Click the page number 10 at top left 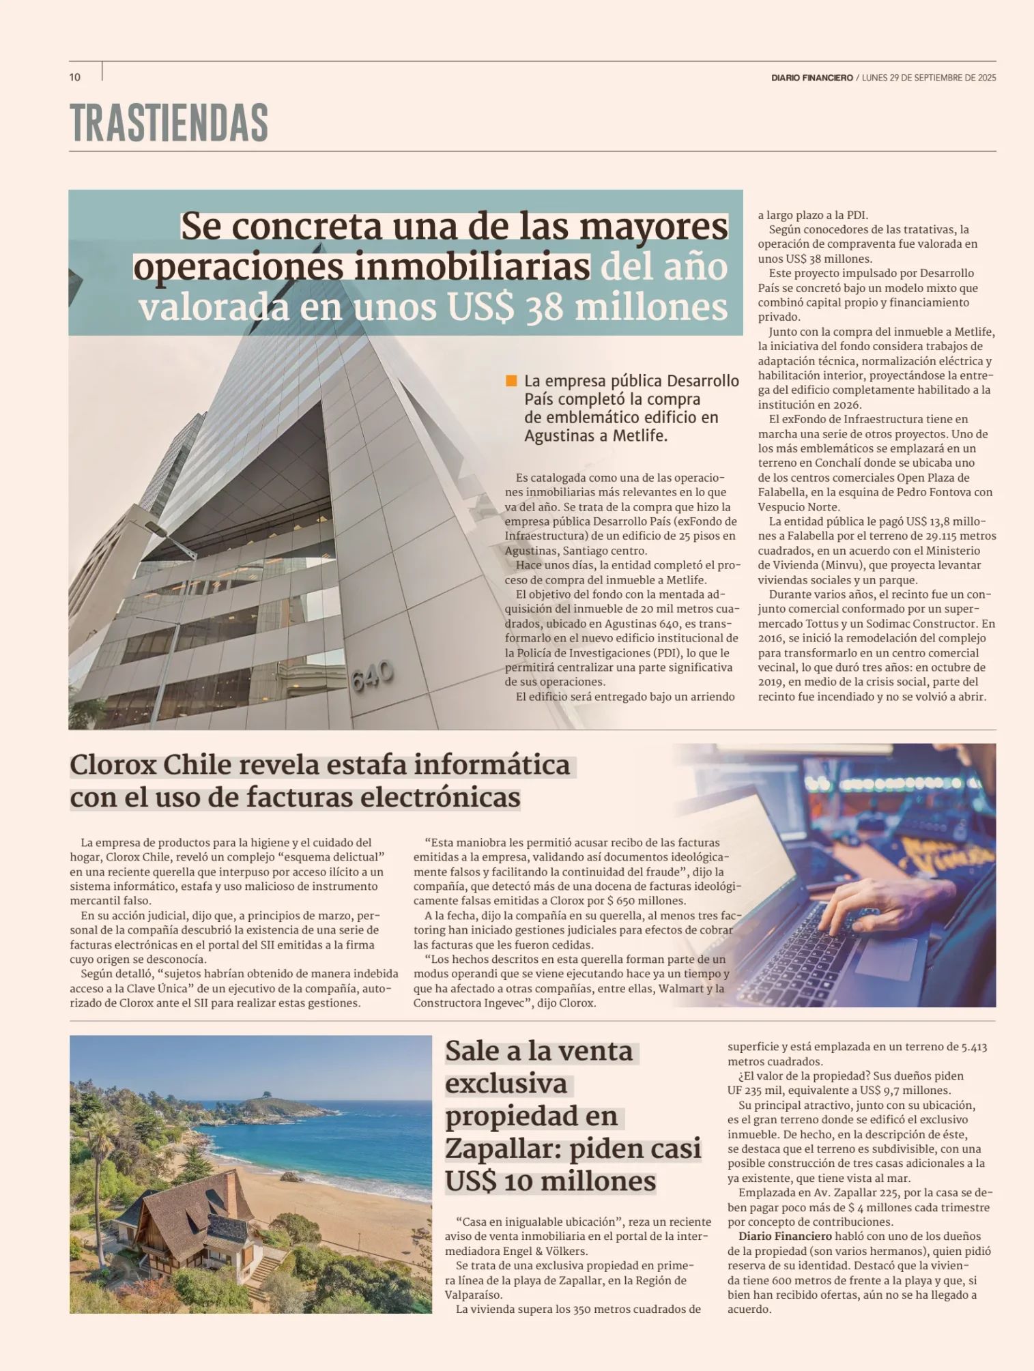pyautogui.click(x=75, y=77)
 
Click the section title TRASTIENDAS pyautogui.click(x=169, y=124)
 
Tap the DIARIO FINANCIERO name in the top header pyautogui.click(x=812, y=78)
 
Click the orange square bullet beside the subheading pyautogui.click(x=511, y=381)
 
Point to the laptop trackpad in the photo pyautogui.click(x=885, y=955)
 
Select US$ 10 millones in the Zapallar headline pyautogui.click(x=550, y=1181)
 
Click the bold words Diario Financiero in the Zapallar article pyautogui.click(x=785, y=1237)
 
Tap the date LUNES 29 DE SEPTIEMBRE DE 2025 pyautogui.click(x=929, y=78)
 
